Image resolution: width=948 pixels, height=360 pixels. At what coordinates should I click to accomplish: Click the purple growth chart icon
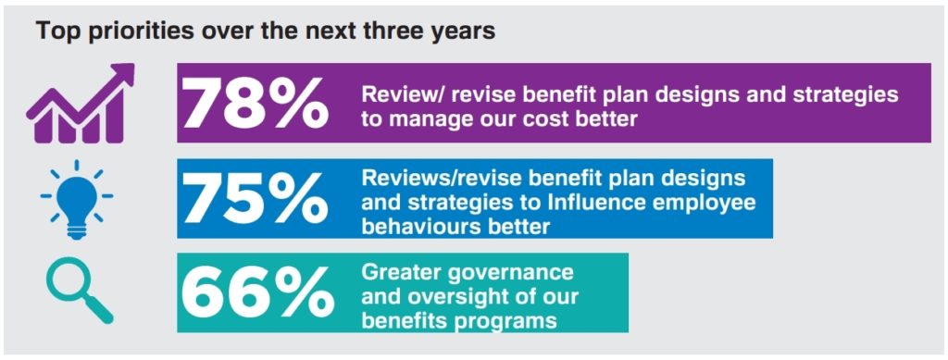click(x=81, y=104)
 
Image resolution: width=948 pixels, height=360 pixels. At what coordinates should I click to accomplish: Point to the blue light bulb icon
click(x=76, y=199)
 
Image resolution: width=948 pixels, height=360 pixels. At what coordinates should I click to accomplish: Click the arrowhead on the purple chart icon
click(x=121, y=76)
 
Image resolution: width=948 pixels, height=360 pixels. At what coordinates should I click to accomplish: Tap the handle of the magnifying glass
click(x=99, y=310)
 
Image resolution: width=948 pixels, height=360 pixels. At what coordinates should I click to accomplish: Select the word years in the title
click(x=466, y=32)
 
